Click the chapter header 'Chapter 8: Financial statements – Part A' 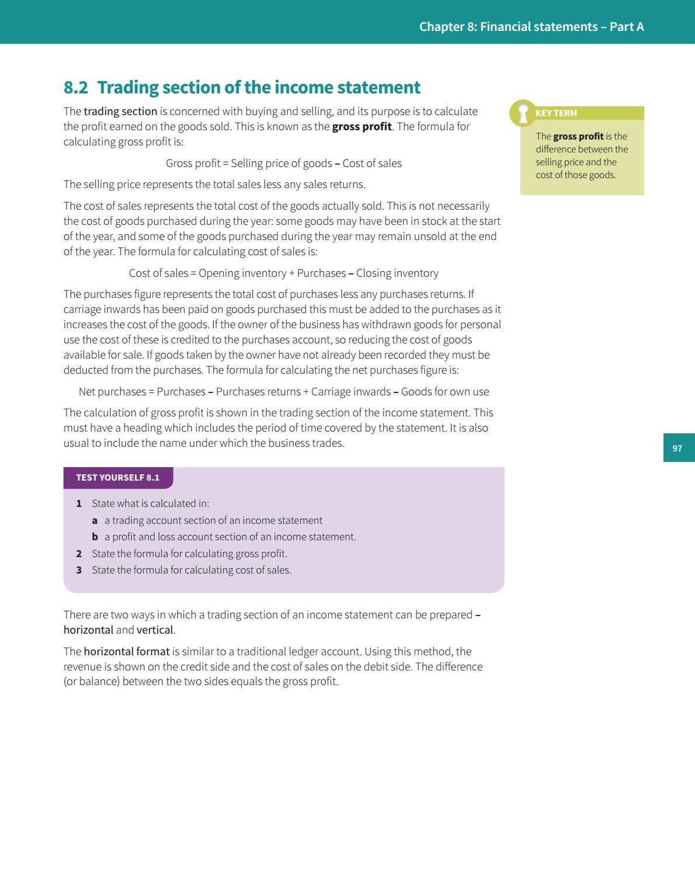click(531, 27)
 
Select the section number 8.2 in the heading click(75, 88)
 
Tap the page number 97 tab click(677, 448)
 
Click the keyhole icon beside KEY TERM click(523, 113)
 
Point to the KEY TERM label click(556, 113)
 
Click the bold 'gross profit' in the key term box click(578, 137)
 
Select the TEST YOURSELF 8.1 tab click(118, 478)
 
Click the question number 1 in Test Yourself click(79, 503)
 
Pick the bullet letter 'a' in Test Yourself click(95, 520)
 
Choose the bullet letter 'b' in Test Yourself click(95, 537)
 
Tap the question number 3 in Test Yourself click(79, 570)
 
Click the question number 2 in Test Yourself click(79, 554)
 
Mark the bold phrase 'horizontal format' click(126, 652)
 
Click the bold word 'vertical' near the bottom click(155, 630)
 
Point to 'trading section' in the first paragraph click(120, 112)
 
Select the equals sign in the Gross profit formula click(225, 164)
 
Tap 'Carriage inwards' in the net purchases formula click(350, 392)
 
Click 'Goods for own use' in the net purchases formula click(445, 392)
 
